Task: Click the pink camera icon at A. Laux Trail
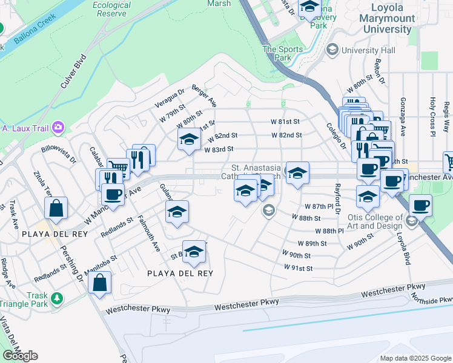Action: coord(59,127)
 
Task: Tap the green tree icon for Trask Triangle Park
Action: coord(56,298)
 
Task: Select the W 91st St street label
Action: coord(298,267)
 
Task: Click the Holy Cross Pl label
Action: coord(432,116)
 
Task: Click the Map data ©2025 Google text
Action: coord(415,358)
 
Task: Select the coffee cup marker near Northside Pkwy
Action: coord(420,205)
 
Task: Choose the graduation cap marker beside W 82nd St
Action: coord(189,140)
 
